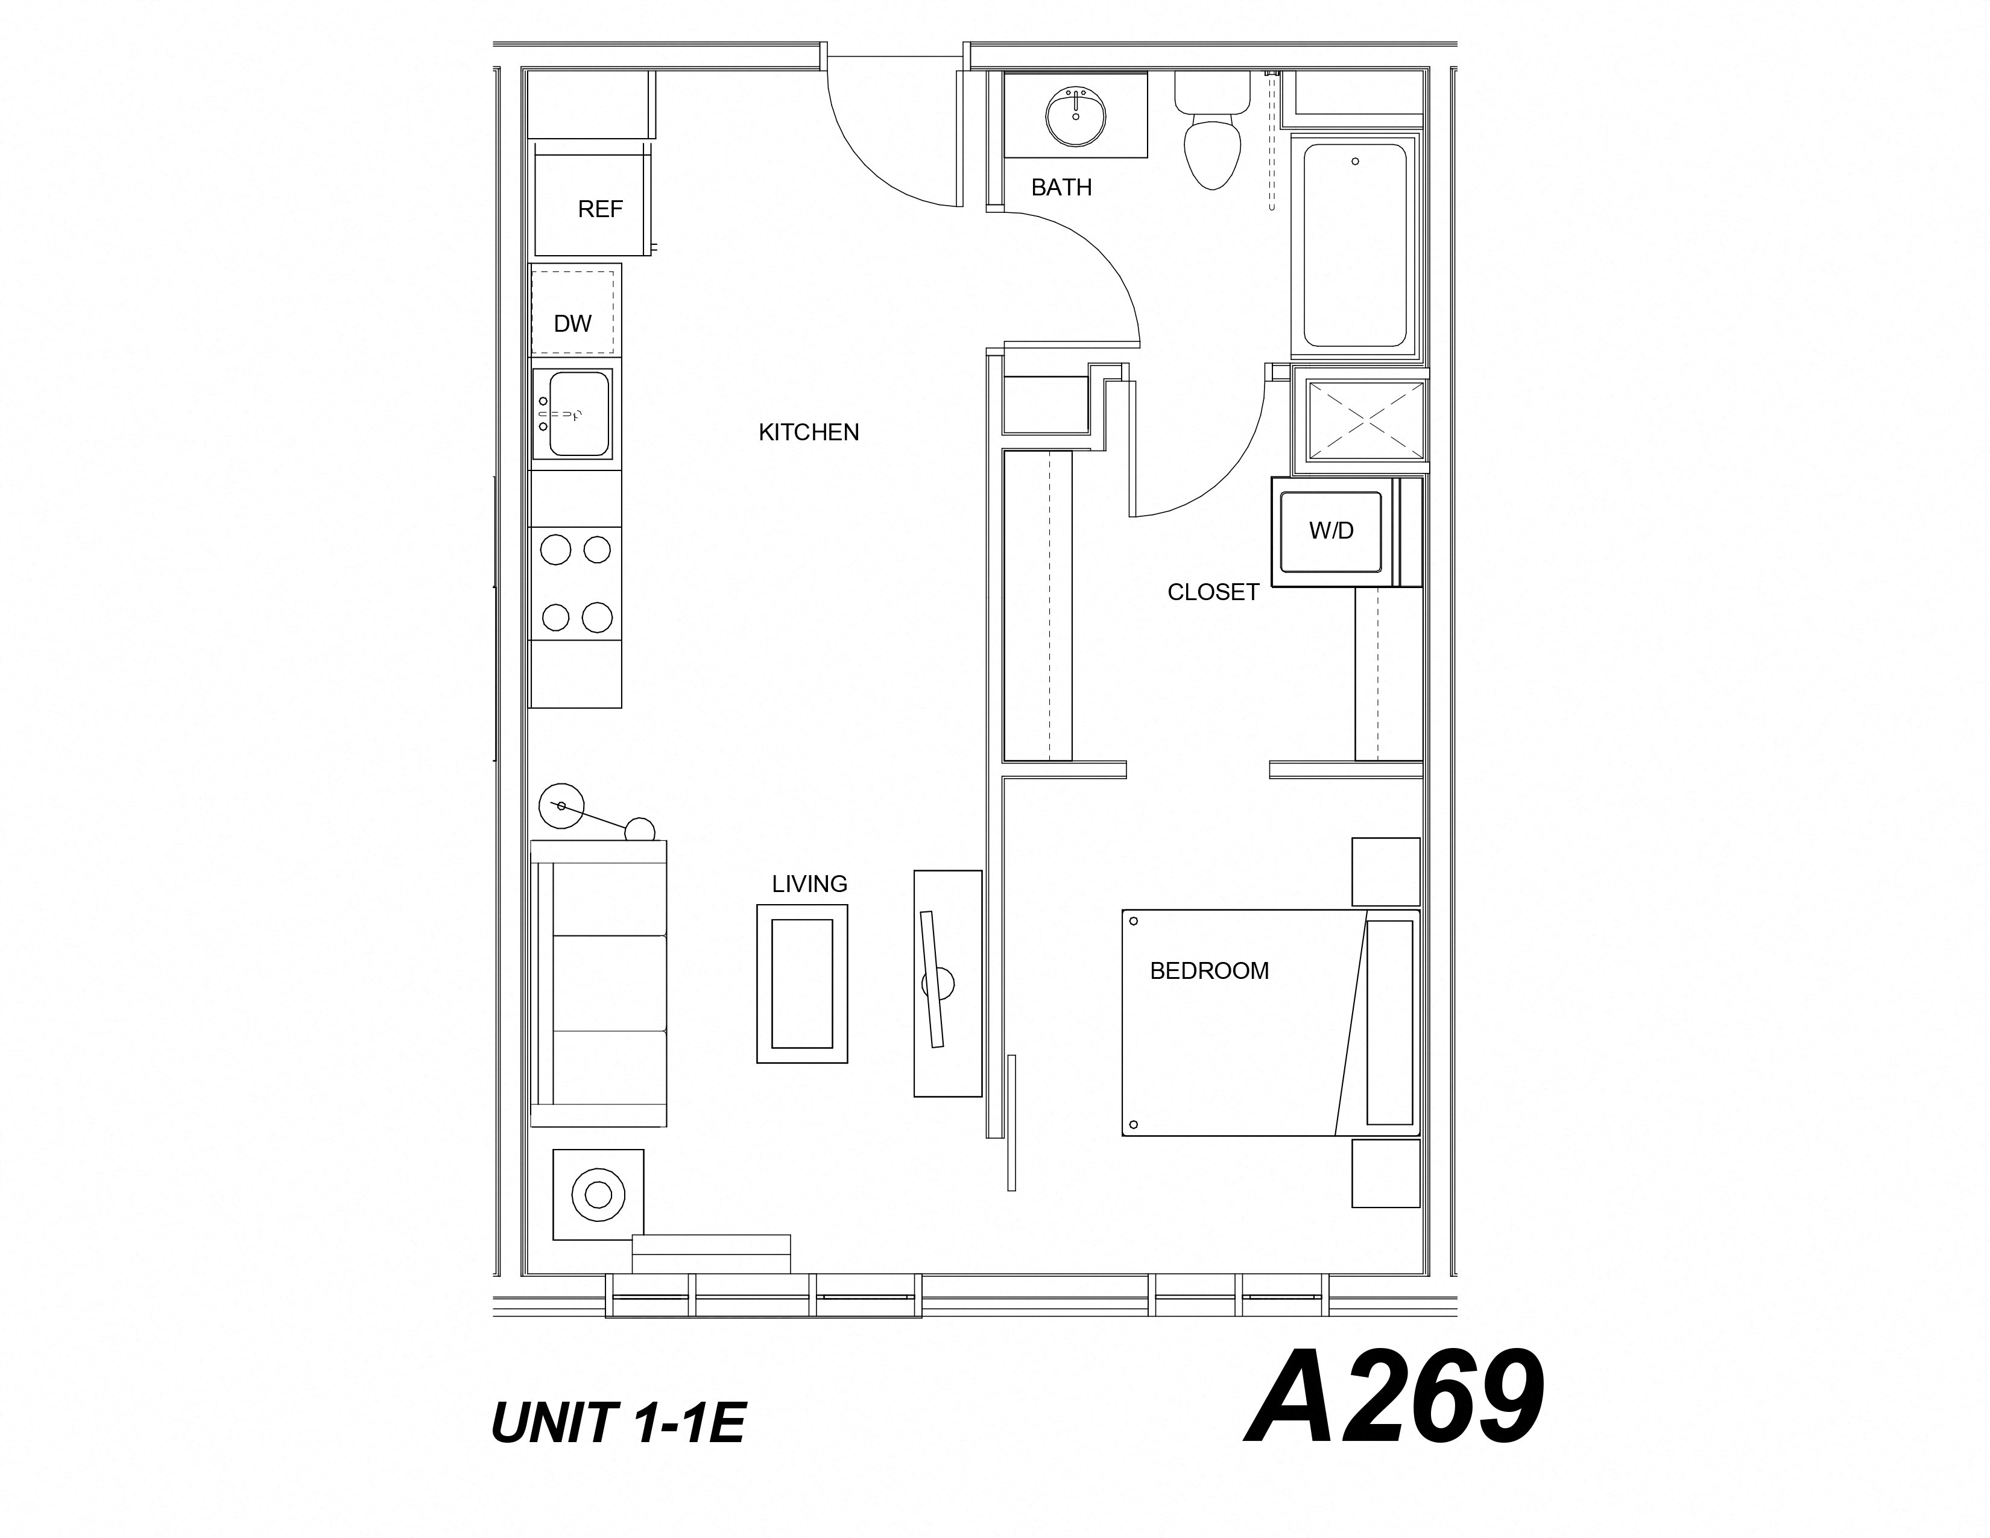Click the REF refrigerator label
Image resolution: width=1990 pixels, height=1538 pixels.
click(x=599, y=209)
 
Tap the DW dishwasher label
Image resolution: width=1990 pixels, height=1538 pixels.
click(x=572, y=323)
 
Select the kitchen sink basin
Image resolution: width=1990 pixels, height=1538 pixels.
click(x=578, y=414)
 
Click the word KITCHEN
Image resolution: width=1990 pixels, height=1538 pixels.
click(x=808, y=432)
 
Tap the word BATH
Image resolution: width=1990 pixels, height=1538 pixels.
click(x=1061, y=188)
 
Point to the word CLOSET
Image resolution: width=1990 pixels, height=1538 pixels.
click(x=1212, y=592)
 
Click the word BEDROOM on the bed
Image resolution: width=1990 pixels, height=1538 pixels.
click(x=1208, y=971)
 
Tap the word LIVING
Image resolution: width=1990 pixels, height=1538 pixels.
click(x=809, y=884)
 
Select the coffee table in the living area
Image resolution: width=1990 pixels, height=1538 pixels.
click(x=802, y=984)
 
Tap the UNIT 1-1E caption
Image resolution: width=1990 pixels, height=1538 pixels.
click(x=618, y=1423)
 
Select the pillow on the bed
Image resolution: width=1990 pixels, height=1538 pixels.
click(x=1389, y=1022)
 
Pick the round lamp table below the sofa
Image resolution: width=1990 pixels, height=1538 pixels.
click(x=598, y=1194)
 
